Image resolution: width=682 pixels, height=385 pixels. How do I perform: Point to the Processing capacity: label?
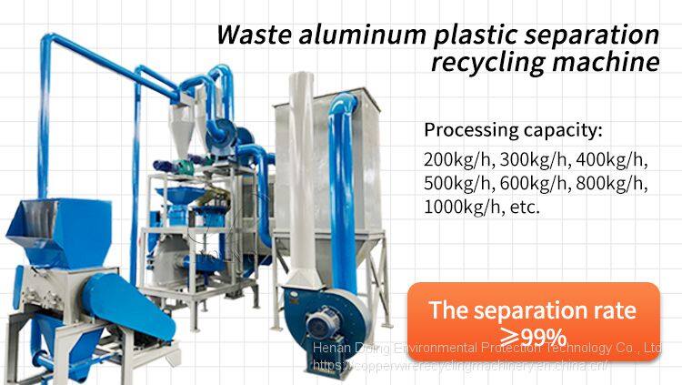click(x=513, y=128)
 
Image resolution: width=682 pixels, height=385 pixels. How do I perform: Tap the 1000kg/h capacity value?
click(x=463, y=208)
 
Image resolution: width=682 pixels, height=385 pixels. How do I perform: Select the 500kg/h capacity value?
click(x=457, y=183)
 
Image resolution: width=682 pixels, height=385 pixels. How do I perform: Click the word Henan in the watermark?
click(x=333, y=349)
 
